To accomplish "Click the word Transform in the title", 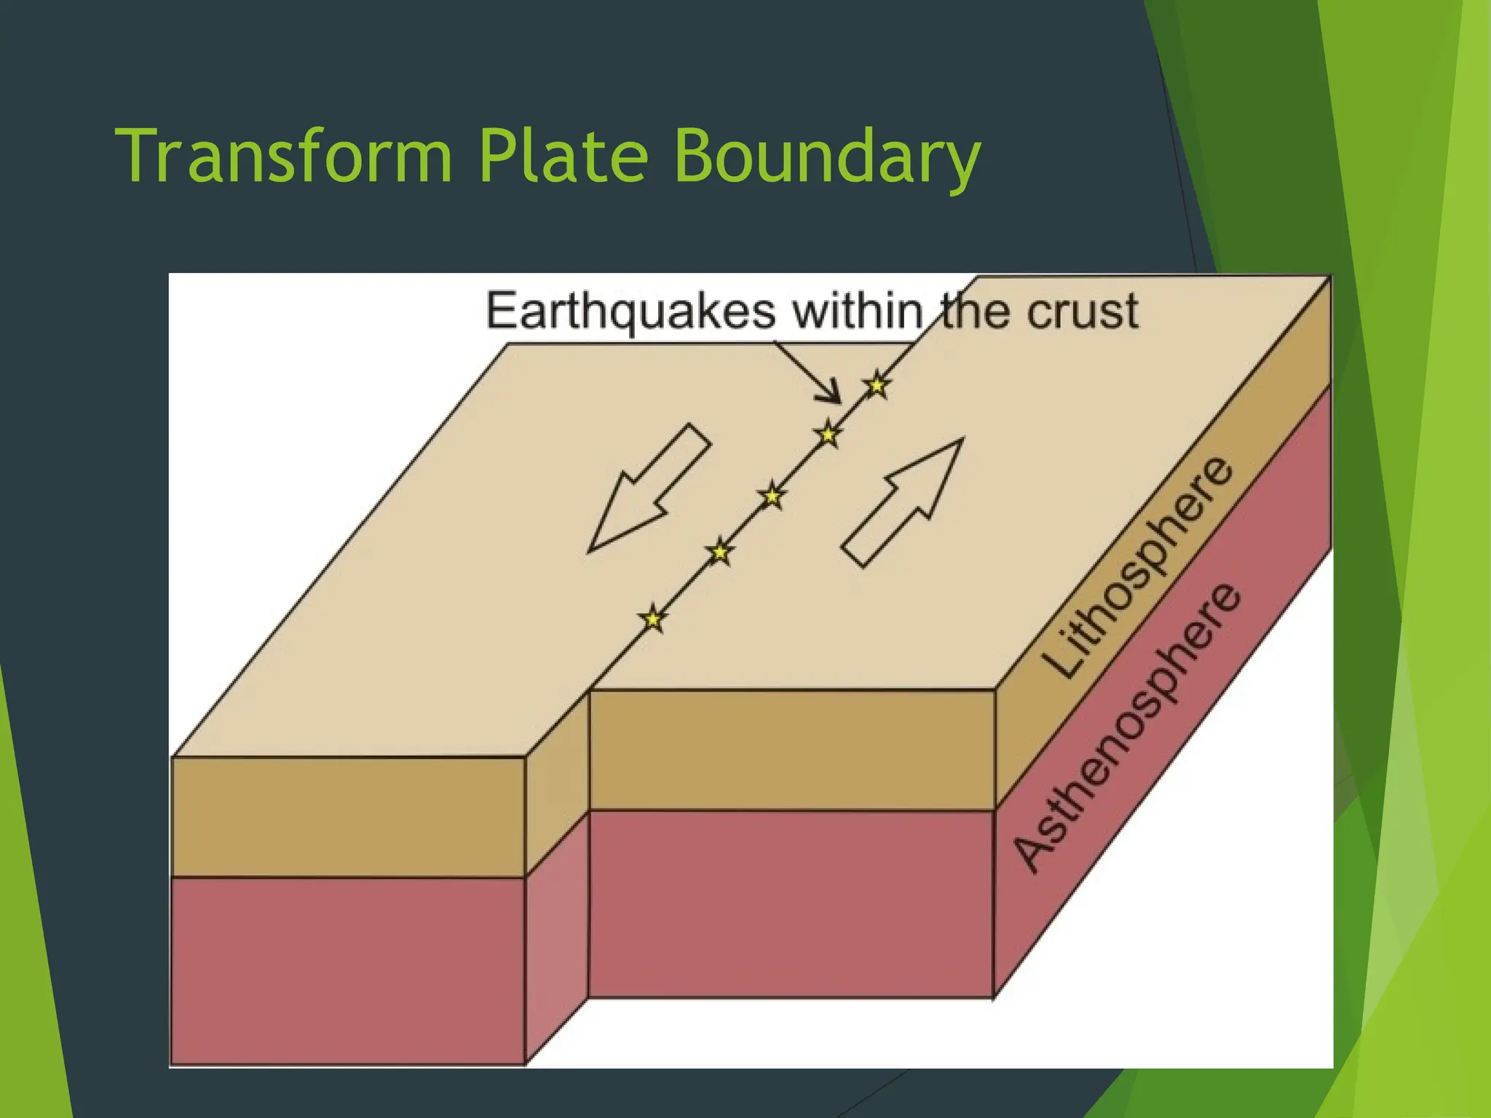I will pos(284,156).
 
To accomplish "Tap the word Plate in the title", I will pos(563,156).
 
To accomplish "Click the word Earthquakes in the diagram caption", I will pos(630,312).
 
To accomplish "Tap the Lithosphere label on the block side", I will pos(1137,568).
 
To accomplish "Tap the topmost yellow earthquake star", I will pos(877,385).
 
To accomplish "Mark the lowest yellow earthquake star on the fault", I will pos(653,619).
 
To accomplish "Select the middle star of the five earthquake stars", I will pos(772,496).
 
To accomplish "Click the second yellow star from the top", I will pos(828,435).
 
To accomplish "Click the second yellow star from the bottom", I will pos(719,552).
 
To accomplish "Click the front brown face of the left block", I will pos(348,817).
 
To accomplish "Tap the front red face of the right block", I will pos(791,903).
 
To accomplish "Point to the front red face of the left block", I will pos(348,970).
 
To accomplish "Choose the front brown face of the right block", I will pos(791,750).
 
